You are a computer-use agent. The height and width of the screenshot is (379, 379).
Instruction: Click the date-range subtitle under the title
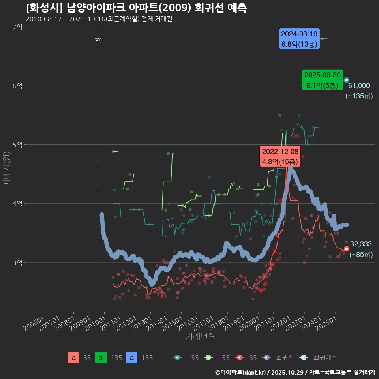99,19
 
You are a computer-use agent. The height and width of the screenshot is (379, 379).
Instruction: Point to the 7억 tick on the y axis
17,27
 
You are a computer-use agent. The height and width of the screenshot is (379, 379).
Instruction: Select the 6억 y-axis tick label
17,86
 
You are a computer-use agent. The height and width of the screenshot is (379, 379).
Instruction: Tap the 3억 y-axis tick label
17,263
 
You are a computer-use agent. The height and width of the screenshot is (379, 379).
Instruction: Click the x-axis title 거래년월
200,337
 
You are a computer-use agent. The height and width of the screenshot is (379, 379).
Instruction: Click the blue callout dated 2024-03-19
299,39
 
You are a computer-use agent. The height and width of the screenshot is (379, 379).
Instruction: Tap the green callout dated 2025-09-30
322,80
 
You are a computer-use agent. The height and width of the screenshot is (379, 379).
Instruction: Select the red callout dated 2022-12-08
280,157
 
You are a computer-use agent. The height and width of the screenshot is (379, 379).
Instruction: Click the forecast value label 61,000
358,86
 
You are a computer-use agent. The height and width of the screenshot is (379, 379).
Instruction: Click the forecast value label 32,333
361,244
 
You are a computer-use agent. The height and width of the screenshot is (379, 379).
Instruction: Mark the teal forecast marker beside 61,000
347,80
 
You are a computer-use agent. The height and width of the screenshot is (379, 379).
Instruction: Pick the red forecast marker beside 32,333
347,249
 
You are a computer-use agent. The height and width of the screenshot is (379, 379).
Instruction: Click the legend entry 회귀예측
325,358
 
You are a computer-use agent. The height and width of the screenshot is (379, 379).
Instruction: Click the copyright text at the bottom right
295,372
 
